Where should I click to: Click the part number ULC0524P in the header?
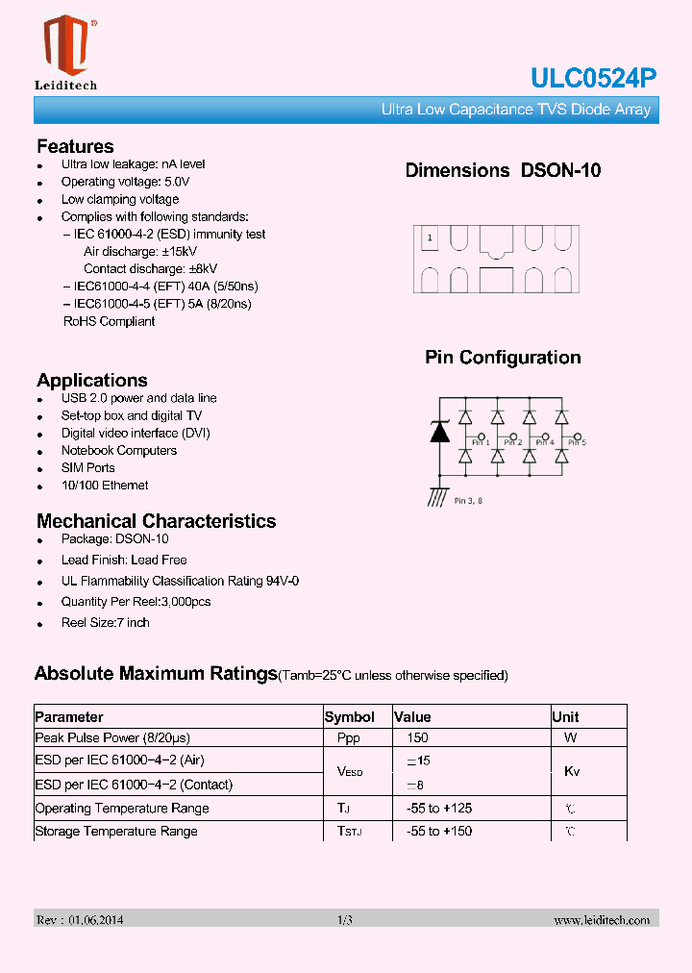pyautogui.click(x=594, y=80)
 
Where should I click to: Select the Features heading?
pyautogui.click(x=75, y=146)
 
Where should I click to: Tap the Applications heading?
pyautogui.click(x=91, y=380)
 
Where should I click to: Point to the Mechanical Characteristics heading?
pyautogui.click(x=156, y=521)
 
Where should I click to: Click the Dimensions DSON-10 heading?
pyautogui.click(x=503, y=170)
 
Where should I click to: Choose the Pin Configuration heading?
pyautogui.click(x=503, y=358)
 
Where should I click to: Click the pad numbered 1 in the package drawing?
pyautogui.click(x=430, y=237)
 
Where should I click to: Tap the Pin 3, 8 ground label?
pyautogui.click(x=468, y=501)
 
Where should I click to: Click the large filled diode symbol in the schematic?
pyautogui.click(x=440, y=432)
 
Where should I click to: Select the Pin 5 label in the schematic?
pyautogui.click(x=577, y=442)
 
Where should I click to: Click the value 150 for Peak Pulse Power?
pyautogui.click(x=417, y=738)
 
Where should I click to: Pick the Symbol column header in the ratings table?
pyautogui.click(x=350, y=717)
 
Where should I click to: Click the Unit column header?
pyautogui.click(x=565, y=717)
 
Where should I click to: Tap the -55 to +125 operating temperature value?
pyautogui.click(x=438, y=809)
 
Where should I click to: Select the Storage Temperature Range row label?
pyautogui.click(x=116, y=832)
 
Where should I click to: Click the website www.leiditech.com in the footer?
pyautogui.click(x=602, y=920)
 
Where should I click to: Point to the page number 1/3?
pyautogui.click(x=345, y=920)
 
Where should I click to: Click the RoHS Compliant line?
pyautogui.click(x=109, y=321)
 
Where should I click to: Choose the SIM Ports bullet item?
pyautogui.click(x=87, y=468)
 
